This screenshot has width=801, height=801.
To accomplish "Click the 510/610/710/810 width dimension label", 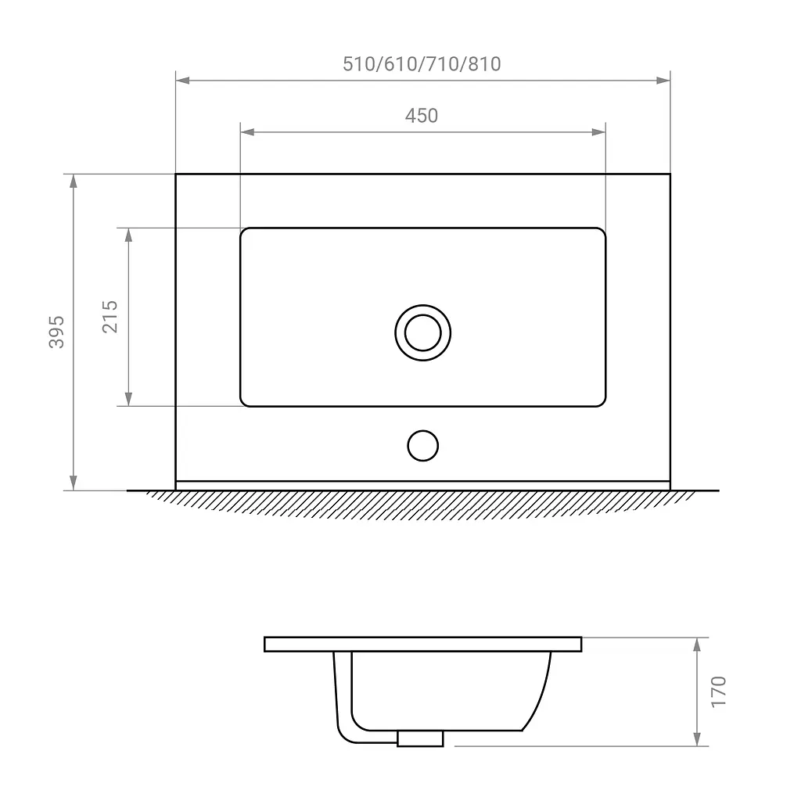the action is click(x=422, y=64).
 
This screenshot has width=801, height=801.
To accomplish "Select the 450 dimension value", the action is click(x=422, y=116).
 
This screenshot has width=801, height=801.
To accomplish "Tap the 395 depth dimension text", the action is click(x=56, y=332).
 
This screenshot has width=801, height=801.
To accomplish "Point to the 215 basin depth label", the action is click(x=110, y=317).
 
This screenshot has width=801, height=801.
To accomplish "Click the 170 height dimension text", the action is click(x=718, y=691).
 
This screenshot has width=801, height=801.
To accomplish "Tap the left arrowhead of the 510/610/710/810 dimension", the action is click(x=183, y=81).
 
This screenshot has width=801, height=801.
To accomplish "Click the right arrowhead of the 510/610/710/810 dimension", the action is click(x=663, y=81).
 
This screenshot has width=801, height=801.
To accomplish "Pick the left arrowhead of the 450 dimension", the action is click(x=248, y=132).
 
